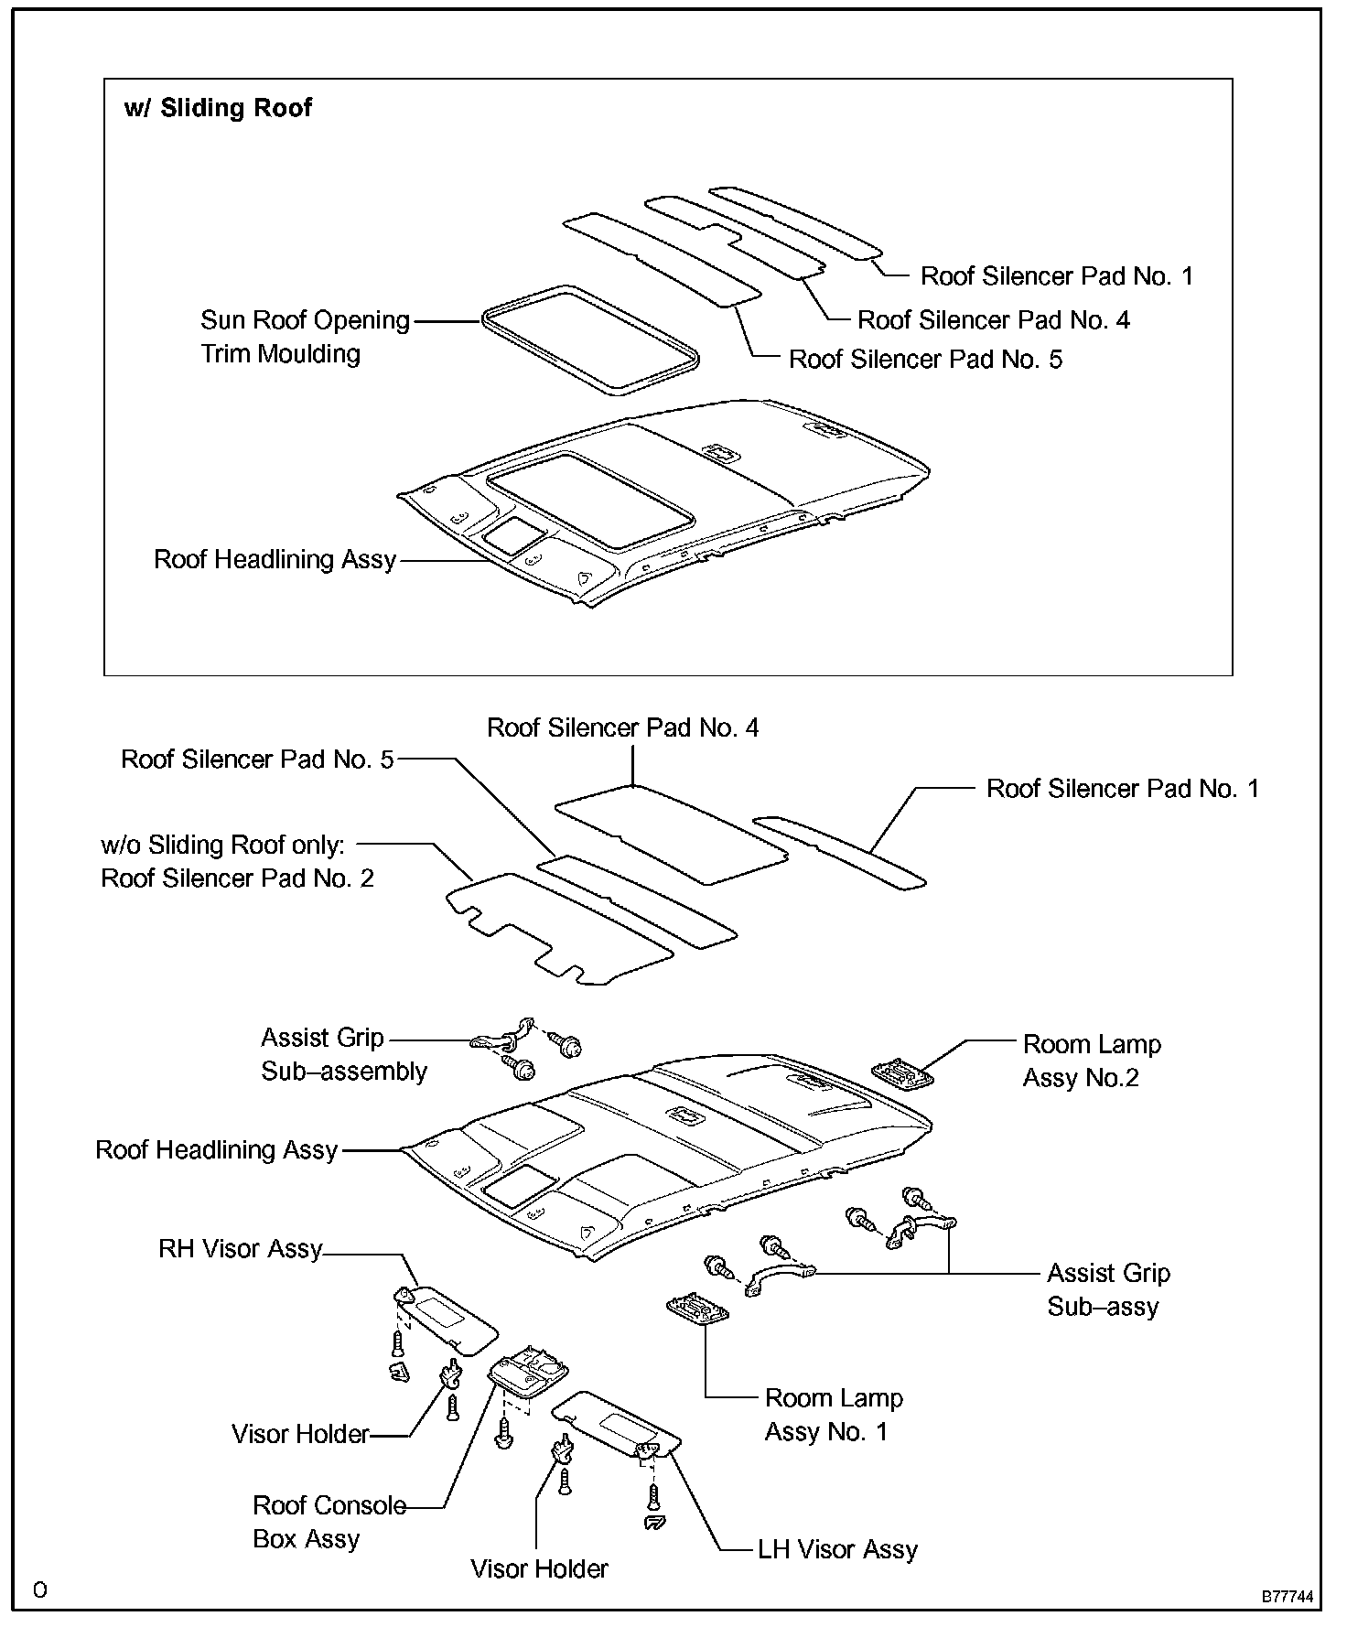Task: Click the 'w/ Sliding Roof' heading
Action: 218,108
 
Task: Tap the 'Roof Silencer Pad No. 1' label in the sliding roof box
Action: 1057,276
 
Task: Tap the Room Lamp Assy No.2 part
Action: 903,1073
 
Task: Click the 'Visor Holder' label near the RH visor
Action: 300,1434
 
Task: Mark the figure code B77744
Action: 1288,1597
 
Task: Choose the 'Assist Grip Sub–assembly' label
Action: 343,1054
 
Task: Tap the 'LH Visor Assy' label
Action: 837,1549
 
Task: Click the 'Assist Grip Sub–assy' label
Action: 1108,1289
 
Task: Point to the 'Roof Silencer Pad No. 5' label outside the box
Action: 257,760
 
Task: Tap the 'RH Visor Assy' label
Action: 241,1249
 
